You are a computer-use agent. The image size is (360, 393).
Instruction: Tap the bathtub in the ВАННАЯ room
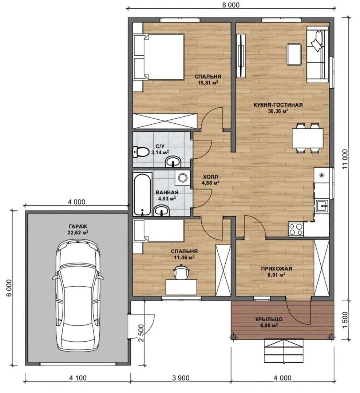pos(143,194)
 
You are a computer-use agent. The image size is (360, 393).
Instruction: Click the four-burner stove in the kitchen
pos(296,229)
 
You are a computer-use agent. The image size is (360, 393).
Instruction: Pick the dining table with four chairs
pos(307,138)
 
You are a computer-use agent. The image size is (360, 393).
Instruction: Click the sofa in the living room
pos(318,56)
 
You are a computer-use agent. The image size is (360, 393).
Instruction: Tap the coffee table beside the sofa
pos(294,54)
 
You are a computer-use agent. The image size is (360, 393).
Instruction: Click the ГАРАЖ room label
pos(78,227)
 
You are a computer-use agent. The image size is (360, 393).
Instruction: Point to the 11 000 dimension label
pos(345,159)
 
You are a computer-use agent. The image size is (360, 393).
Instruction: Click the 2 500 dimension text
pos(141,333)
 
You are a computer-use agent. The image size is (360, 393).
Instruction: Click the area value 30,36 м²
pos(278,111)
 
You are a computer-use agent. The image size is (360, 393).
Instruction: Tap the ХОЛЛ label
pos(211,177)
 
